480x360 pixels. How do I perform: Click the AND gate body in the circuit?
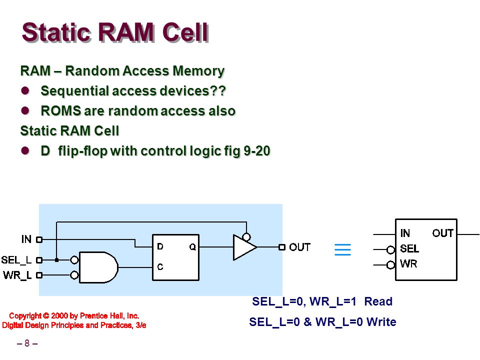pyautogui.click(x=98, y=267)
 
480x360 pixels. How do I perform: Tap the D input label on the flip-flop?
pyautogui.click(x=160, y=246)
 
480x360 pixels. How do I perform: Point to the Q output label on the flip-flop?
pyautogui.click(x=192, y=246)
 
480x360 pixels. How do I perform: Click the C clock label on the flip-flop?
pyautogui.click(x=160, y=267)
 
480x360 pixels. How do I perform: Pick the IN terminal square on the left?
pyautogui.click(x=39, y=239)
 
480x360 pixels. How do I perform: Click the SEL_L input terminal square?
pyautogui.click(x=39, y=260)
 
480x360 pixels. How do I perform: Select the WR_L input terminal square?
pyautogui.click(x=39, y=275)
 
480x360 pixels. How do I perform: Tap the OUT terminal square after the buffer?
pyautogui.click(x=282, y=247)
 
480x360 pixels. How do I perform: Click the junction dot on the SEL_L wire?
pyautogui.click(x=56, y=260)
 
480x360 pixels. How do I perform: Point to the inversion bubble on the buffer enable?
pyautogui.click(x=246, y=237)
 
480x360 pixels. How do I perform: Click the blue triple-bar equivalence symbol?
pyautogui.click(x=342, y=249)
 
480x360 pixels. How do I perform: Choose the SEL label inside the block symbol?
pyautogui.click(x=409, y=248)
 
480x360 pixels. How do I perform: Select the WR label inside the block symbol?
pyautogui.click(x=408, y=263)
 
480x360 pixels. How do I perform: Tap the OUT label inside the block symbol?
pyautogui.click(x=442, y=233)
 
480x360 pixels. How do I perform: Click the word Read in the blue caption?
pyautogui.click(x=378, y=301)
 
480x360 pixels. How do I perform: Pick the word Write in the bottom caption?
pyautogui.click(x=381, y=321)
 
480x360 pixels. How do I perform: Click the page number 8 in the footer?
pyautogui.click(x=27, y=343)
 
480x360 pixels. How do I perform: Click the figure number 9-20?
pyautogui.click(x=257, y=150)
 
